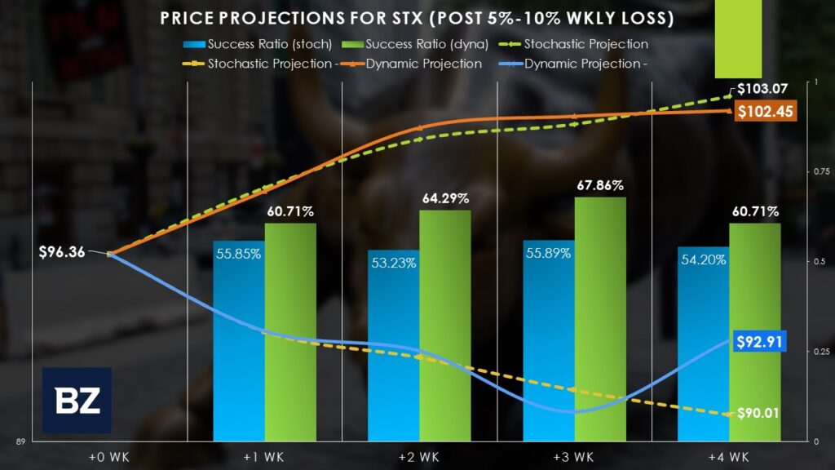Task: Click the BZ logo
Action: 77,400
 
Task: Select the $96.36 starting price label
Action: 62,252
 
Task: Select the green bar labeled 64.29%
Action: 445,326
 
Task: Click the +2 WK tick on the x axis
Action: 419,455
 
